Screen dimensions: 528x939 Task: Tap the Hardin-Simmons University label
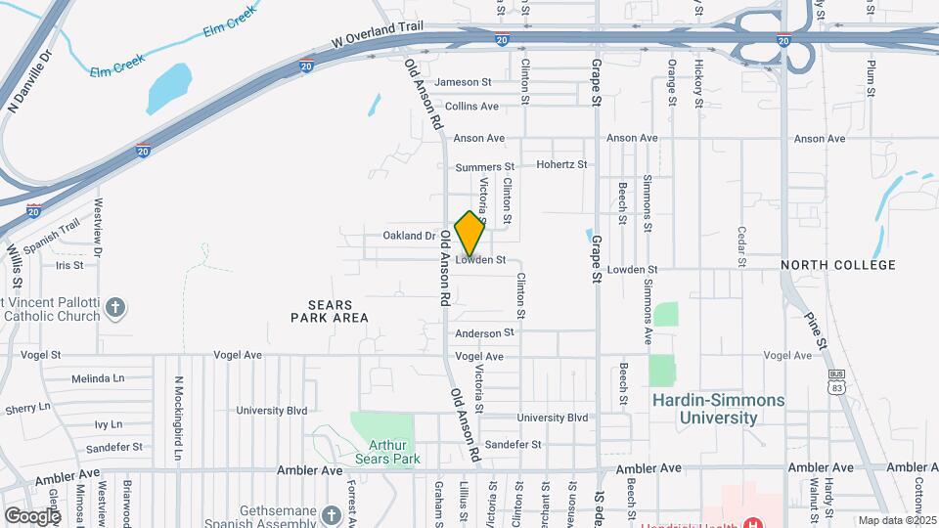click(x=719, y=409)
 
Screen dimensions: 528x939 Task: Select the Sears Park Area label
click(x=330, y=311)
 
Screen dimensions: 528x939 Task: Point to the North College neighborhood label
click(x=837, y=265)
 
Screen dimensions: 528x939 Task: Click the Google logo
click(x=32, y=515)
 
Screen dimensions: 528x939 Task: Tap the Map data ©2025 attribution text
click(x=896, y=520)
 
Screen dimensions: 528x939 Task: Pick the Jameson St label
click(x=476, y=82)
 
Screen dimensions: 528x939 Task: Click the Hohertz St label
click(x=561, y=165)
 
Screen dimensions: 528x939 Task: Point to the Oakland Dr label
click(x=409, y=236)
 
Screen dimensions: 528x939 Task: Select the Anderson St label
click(x=477, y=333)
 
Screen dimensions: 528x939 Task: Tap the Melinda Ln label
click(x=97, y=378)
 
